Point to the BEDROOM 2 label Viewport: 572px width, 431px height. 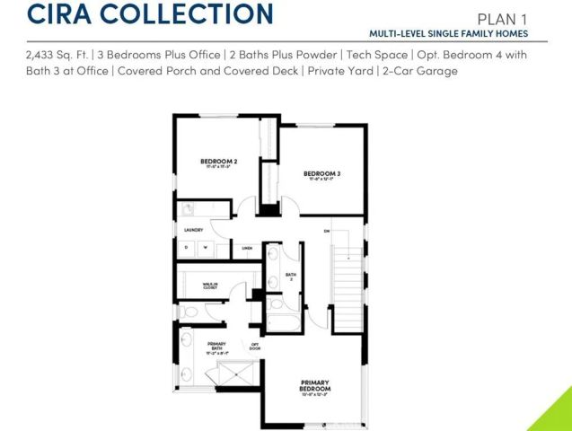[x=217, y=162]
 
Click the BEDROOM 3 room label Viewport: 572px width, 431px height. [x=321, y=173]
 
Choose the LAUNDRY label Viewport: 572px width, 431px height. [x=194, y=230]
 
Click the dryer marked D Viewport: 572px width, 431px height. [x=188, y=247]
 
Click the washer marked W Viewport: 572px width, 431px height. [x=205, y=247]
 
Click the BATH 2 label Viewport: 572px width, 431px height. [x=290, y=277]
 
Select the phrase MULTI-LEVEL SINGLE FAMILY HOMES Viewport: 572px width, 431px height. [x=447, y=33]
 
